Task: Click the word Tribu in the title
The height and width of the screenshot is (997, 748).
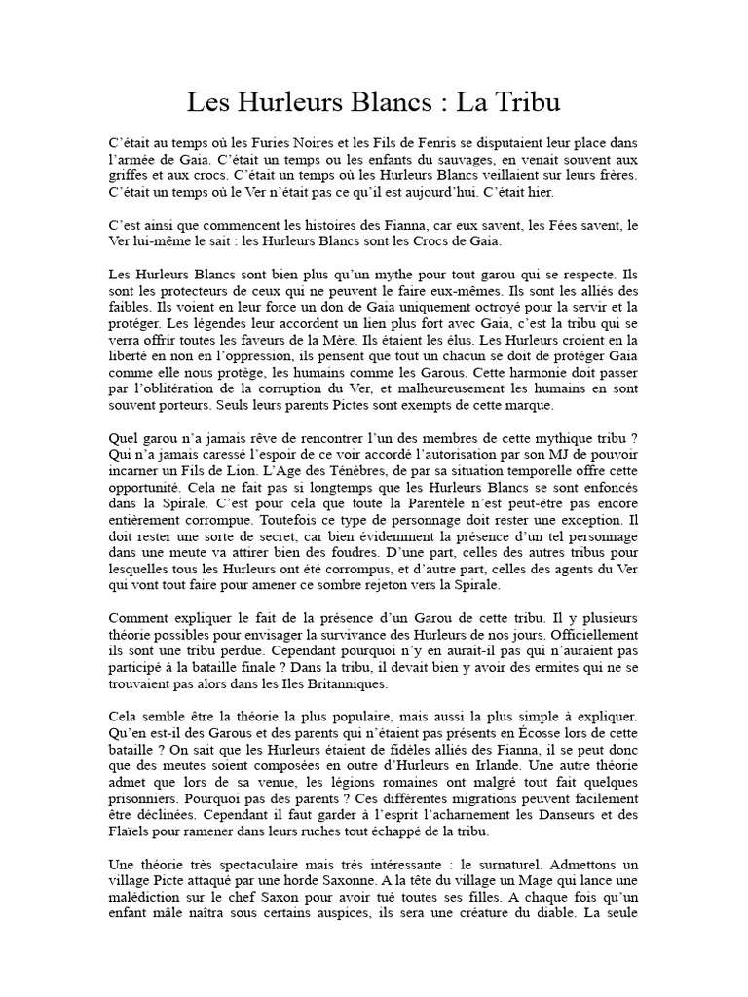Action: (x=526, y=101)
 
